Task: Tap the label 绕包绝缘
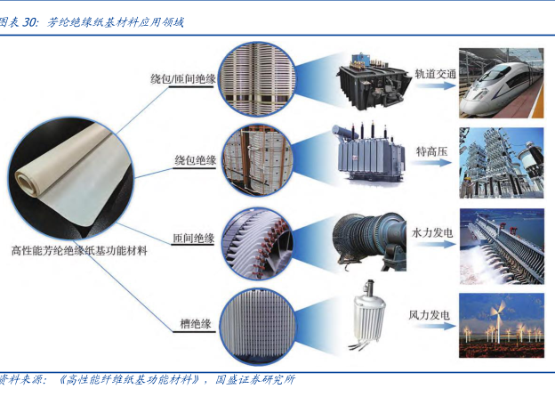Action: click(194, 160)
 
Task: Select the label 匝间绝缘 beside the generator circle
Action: click(193, 239)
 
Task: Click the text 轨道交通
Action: click(435, 75)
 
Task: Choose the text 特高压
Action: click(433, 153)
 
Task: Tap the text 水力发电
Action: click(433, 232)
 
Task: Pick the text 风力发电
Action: click(429, 315)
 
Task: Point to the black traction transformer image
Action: click(366, 83)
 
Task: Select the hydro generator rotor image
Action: click(367, 239)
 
